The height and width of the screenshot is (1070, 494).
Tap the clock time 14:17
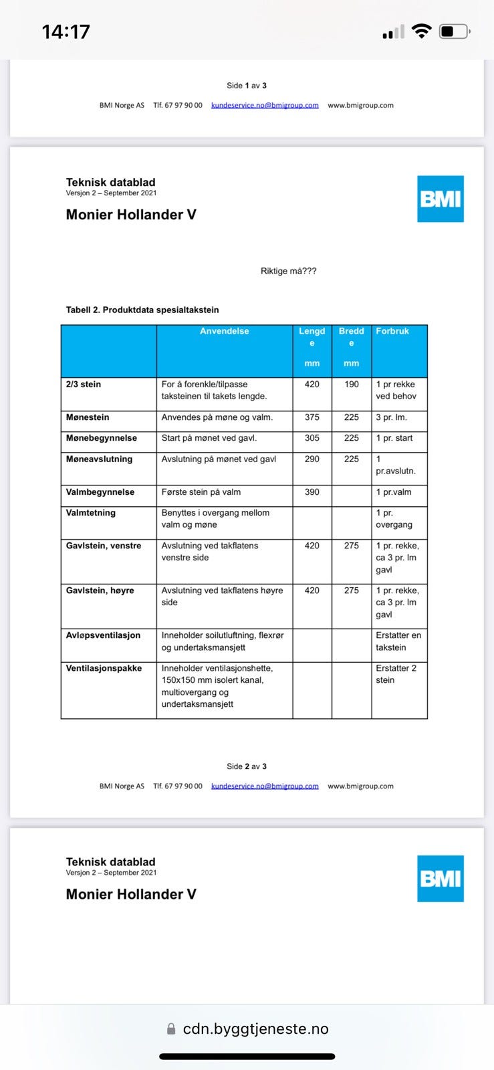click(66, 31)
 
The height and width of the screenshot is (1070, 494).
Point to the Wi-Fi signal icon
click(421, 31)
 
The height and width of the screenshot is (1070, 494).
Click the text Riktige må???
click(288, 271)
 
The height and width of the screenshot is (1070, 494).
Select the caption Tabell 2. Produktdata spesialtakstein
click(142, 310)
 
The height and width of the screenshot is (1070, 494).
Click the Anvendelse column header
click(225, 331)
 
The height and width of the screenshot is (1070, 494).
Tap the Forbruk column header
click(392, 331)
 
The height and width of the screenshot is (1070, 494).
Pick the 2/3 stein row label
click(84, 385)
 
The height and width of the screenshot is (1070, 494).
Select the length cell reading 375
click(312, 417)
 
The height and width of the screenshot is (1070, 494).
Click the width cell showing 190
click(352, 385)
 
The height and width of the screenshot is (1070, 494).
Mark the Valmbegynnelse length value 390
click(312, 492)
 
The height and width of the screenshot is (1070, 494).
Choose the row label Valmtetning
click(91, 513)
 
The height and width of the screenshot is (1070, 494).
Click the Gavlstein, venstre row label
click(104, 546)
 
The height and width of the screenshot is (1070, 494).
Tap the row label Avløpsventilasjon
click(103, 635)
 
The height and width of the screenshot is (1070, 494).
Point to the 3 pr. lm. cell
click(391, 417)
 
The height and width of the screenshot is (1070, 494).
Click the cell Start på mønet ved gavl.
click(209, 438)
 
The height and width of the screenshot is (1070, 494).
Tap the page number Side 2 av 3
click(247, 766)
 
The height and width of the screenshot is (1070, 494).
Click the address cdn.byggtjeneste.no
click(255, 1029)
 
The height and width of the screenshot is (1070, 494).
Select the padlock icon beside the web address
click(171, 1029)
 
